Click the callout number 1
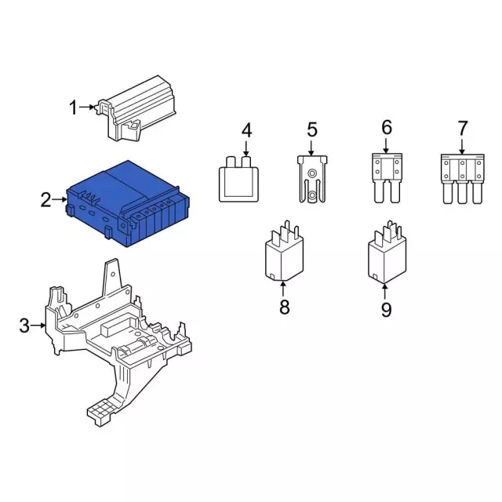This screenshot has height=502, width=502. pyautogui.click(x=73, y=107)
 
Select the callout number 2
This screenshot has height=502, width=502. pyautogui.click(x=45, y=200)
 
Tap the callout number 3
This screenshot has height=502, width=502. pyautogui.click(x=24, y=326)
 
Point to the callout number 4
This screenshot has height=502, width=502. pyautogui.click(x=246, y=131)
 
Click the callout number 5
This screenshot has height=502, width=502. pyautogui.click(x=312, y=129)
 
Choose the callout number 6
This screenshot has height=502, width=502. pyautogui.click(x=387, y=127)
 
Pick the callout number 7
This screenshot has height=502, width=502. pyautogui.click(x=463, y=128)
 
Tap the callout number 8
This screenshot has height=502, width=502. pyautogui.click(x=284, y=307)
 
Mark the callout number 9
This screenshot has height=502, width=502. pyautogui.click(x=386, y=309)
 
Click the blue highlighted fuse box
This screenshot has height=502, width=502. pyautogui.click(x=128, y=204)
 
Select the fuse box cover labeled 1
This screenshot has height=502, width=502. pyautogui.click(x=137, y=108)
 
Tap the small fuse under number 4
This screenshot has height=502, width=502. pyautogui.click(x=238, y=179)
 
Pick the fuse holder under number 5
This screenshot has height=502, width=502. pyautogui.click(x=312, y=180)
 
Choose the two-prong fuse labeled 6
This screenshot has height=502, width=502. pyautogui.click(x=387, y=178)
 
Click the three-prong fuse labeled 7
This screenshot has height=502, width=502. pyautogui.click(x=463, y=179)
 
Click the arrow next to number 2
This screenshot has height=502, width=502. pyautogui.click(x=60, y=200)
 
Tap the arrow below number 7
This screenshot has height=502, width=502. pyautogui.click(x=462, y=147)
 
